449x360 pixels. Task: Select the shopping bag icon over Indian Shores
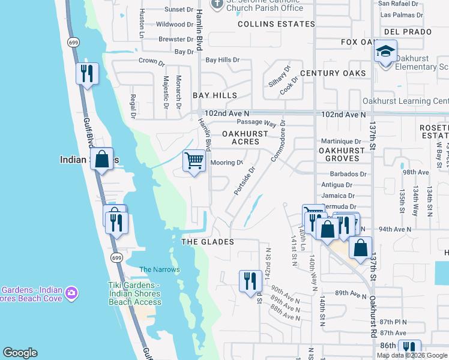(x=102, y=160)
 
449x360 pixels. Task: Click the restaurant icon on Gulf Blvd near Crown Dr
(x=88, y=74)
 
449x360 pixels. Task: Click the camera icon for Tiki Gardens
(x=72, y=293)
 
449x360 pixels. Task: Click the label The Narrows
(x=159, y=269)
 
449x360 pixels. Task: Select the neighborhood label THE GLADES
(x=207, y=241)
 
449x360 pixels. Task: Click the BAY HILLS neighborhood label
(x=215, y=95)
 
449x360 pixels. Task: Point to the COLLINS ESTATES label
(x=276, y=24)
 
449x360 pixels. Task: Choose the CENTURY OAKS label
(x=333, y=73)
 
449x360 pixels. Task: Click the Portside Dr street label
(x=245, y=181)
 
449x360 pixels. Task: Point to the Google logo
(x=20, y=353)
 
